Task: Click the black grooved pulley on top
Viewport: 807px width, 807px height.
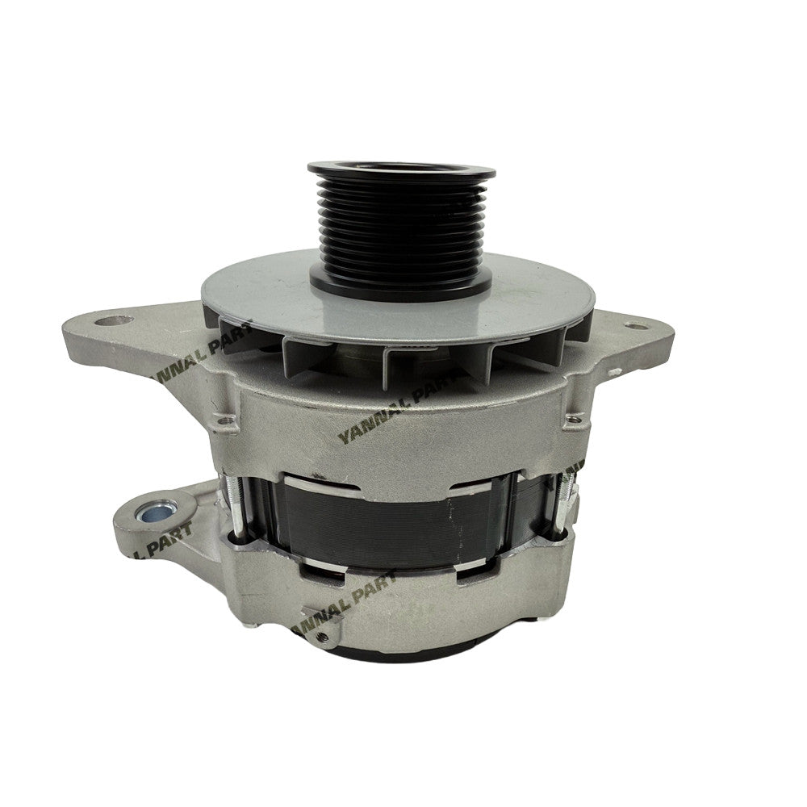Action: [400, 226]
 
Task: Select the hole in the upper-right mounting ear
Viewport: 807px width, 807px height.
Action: [635, 327]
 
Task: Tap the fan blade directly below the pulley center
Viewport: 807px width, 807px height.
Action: [401, 355]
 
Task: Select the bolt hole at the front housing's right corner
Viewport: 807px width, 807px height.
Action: [575, 416]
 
